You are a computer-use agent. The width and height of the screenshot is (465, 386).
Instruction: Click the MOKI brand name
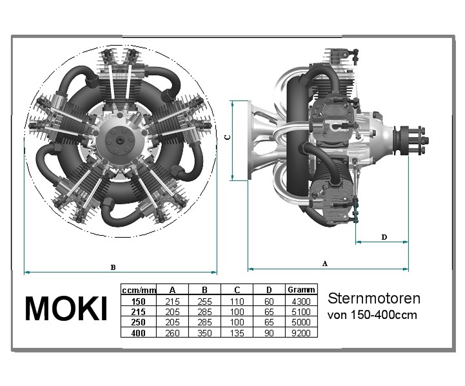[66, 309]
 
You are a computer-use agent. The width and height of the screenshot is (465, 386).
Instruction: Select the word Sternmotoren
[374, 298]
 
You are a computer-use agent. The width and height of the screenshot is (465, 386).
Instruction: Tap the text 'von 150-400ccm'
[372, 314]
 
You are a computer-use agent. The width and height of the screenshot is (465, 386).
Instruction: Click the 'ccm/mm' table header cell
[139, 290]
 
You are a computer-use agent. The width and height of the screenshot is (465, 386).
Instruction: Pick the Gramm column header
[301, 290]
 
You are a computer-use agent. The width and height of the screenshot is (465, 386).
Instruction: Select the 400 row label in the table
[139, 333]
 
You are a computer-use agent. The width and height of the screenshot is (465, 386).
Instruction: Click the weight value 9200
[301, 333]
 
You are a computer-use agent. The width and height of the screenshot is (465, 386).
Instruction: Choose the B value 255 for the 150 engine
[204, 302]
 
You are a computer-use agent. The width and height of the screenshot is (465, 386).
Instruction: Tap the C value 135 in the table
[237, 333]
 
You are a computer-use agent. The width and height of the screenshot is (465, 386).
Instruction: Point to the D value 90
[269, 333]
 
